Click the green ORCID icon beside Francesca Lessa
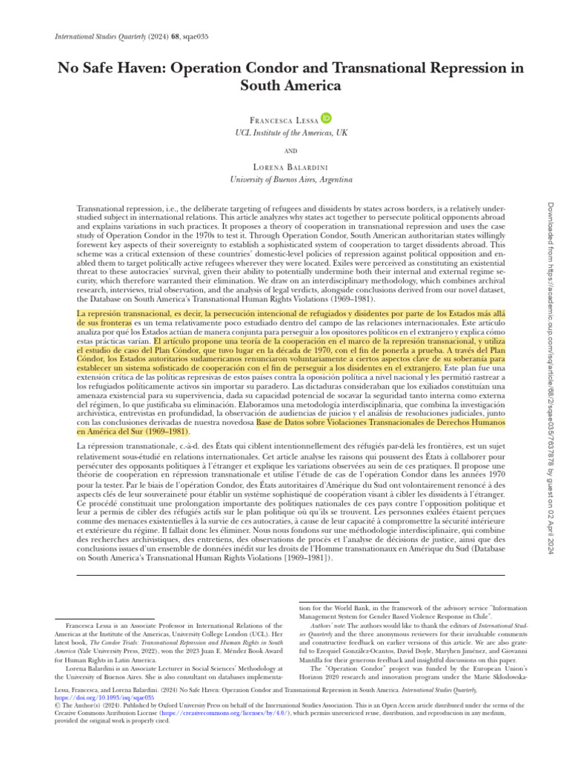pos(326,118)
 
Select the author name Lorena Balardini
pos(284,166)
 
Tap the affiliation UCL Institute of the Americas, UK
pos(284,132)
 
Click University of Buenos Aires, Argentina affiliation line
pos(284,179)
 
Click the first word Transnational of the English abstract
pos(100,211)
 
